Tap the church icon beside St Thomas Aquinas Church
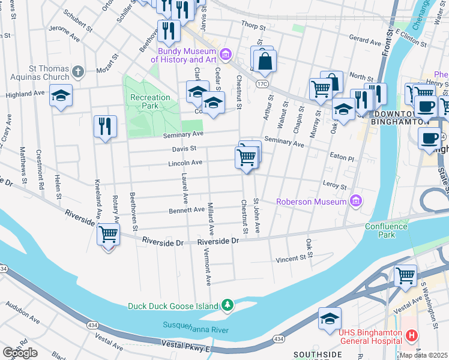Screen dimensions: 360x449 [x=77, y=73]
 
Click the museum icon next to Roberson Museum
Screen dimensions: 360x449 [x=357, y=200]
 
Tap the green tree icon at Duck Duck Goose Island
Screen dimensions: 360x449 [x=227, y=305]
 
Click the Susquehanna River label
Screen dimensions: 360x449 [x=195, y=327]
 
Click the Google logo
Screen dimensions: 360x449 [x=20, y=353]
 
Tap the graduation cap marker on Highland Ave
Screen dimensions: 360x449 [x=61, y=97]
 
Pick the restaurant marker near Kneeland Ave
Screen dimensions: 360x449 [x=105, y=127]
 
